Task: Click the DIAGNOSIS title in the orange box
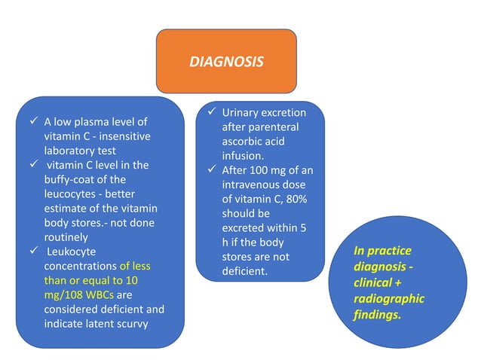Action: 226,62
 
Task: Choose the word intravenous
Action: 253,185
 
